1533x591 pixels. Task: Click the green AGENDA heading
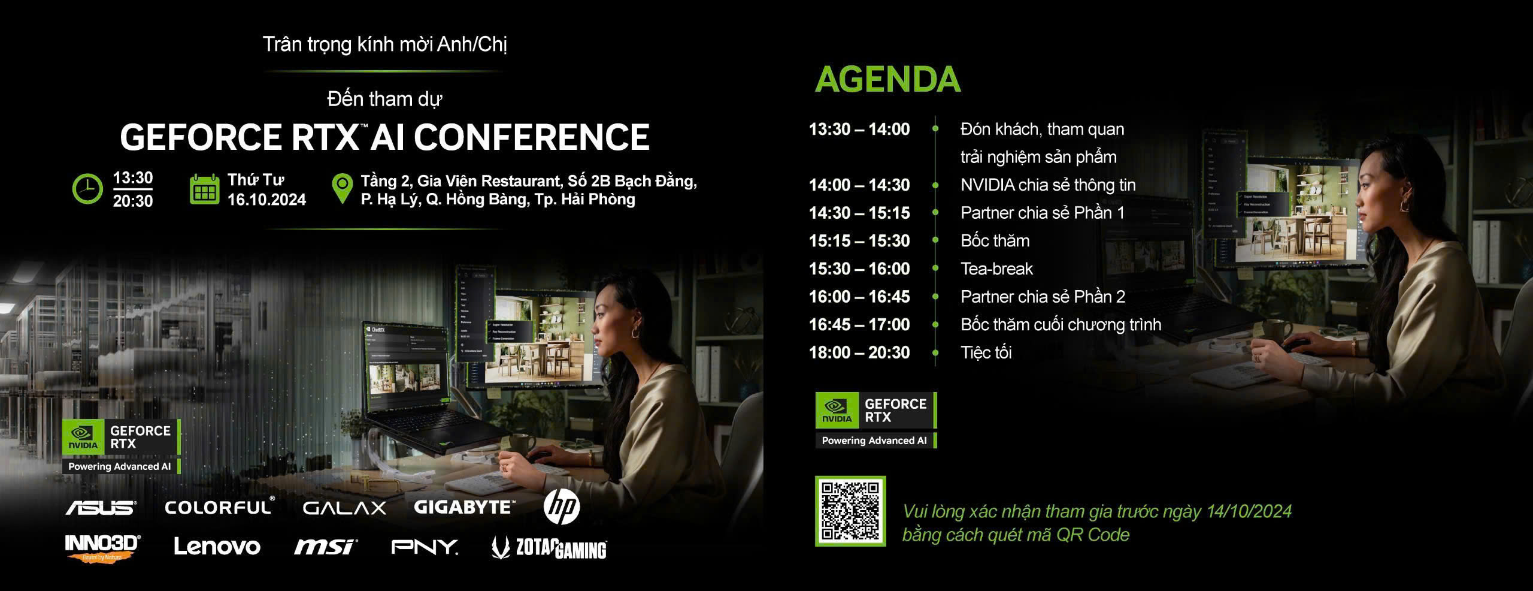(887, 80)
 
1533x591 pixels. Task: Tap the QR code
(850, 511)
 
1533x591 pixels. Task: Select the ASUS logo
(101, 508)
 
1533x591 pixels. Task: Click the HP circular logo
(561, 507)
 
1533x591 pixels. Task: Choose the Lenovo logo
(217, 547)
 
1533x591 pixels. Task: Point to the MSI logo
(325, 547)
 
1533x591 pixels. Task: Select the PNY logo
(425, 547)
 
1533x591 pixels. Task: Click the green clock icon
(87, 189)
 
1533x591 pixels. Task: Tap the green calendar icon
(204, 189)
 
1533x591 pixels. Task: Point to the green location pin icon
(342, 189)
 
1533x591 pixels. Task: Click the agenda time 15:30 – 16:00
(859, 269)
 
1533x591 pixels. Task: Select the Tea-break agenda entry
(996, 269)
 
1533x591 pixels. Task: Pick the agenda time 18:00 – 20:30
(859, 352)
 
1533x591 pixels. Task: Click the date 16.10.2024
(266, 200)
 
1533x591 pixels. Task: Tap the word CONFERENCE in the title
(532, 137)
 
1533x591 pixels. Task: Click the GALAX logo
(344, 508)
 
